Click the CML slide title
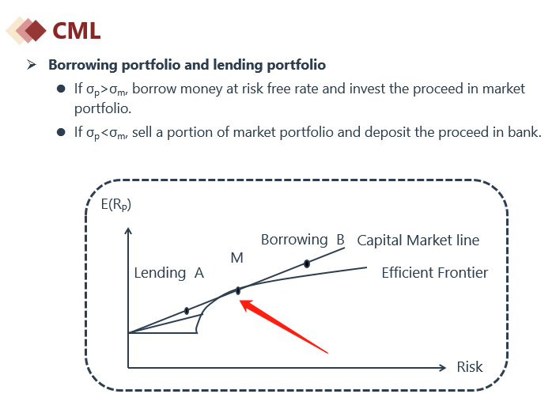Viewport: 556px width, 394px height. coord(76,31)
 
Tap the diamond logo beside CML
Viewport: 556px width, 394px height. coord(26,31)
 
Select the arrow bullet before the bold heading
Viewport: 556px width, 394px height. coord(32,65)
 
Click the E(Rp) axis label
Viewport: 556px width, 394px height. coord(116,205)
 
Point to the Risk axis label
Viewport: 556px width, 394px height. coord(470,366)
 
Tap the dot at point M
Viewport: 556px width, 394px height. coord(238,291)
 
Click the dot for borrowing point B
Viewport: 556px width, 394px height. coord(307,263)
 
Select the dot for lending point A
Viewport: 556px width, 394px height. coord(187,311)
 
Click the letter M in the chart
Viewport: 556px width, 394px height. coord(236,258)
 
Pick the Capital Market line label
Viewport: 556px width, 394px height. coord(418,241)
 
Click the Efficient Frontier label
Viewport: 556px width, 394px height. coord(435,273)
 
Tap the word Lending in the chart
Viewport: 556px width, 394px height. coord(160,273)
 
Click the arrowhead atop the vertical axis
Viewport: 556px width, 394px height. coord(128,230)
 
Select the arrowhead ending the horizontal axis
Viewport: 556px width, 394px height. coord(442,368)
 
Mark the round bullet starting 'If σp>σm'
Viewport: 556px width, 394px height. coord(61,89)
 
